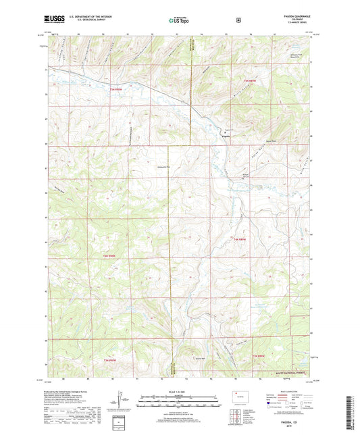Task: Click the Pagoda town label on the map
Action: pyautogui.click(x=226, y=137)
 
